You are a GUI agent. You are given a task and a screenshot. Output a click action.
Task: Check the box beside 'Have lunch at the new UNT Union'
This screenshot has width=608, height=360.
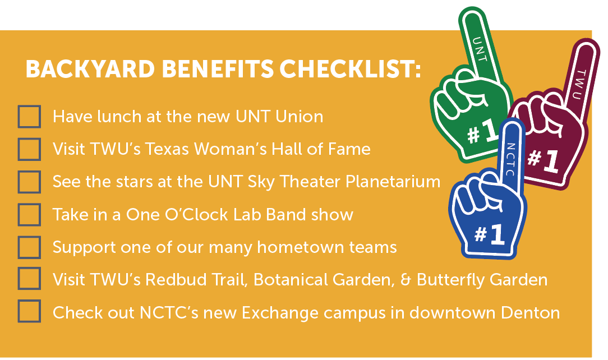[29, 116]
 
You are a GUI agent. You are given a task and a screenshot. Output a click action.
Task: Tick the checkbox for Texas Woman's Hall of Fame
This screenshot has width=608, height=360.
[29, 149]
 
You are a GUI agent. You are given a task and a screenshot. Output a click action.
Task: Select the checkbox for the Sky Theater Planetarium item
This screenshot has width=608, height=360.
[29, 182]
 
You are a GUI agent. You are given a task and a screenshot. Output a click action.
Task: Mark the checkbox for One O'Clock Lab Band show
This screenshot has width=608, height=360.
[29, 215]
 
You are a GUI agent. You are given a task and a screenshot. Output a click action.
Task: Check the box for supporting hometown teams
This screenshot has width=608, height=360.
[29, 247]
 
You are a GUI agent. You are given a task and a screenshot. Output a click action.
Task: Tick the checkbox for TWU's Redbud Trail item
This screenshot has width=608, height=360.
[29, 279]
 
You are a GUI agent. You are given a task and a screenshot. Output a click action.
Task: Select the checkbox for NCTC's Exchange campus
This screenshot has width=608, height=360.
[29, 311]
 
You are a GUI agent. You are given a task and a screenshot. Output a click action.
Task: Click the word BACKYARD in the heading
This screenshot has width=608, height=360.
[90, 70]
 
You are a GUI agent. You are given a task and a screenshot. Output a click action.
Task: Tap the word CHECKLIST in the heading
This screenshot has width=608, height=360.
[350, 70]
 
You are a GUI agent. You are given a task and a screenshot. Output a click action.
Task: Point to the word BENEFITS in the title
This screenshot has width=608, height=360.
[218, 70]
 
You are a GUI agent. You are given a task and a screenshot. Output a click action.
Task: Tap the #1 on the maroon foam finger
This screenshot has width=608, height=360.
[543, 159]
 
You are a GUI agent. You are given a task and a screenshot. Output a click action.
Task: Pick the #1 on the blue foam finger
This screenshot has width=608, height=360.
[490, 234]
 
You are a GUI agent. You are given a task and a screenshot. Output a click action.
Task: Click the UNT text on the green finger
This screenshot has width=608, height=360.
[480, 49]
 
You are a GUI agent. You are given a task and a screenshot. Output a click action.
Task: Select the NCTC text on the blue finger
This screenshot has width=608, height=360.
[510, 159]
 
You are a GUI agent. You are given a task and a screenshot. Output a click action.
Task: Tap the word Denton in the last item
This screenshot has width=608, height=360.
[530, 313]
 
